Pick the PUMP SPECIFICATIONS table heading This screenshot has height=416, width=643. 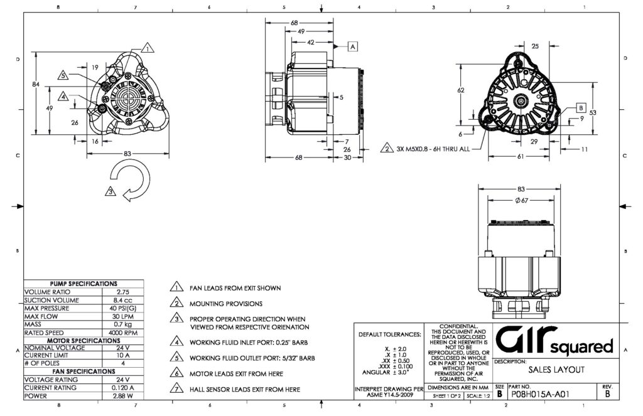(x=84, y=284)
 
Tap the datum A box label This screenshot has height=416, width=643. (x=352, y=46)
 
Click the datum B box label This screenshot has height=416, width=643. (x=580, y=107)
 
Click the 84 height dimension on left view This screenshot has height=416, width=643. (x=36, y=83)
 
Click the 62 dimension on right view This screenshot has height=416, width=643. (x=460, y=90)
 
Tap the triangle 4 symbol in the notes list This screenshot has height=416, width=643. (x=176, y=342)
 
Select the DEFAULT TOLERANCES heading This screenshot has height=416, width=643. (x=389, y=334)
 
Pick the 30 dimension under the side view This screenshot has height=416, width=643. (x=347, y=157)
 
